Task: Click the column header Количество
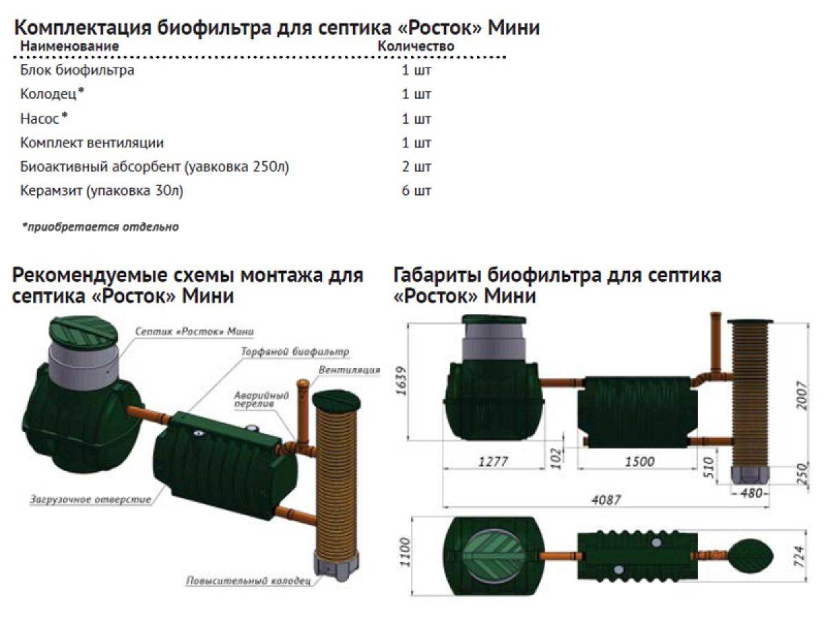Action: pos(416,46)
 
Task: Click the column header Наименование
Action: pos(70,46)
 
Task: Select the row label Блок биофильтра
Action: pos(77,70)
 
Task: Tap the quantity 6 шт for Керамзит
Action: pos(416,191)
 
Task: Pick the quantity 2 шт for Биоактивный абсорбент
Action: pos(416,167)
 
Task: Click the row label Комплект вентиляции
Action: pos(92,143)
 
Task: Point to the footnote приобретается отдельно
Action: pos(100,227)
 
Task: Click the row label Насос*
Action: pos(44,118)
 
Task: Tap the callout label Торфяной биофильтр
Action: pos(295,351)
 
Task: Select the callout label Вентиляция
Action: pos(349,370)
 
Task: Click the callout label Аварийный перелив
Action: pos(262,400)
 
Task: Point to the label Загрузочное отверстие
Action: pos(90,499)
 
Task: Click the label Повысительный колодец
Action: pos(248,581)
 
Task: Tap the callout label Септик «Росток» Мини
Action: pos(194,331)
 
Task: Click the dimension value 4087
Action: pos(606,500)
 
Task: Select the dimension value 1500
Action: pos(639,462)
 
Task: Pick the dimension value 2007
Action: pos(801,395)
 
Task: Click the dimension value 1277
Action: pos(493,462)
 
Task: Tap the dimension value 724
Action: pos(800,557)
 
